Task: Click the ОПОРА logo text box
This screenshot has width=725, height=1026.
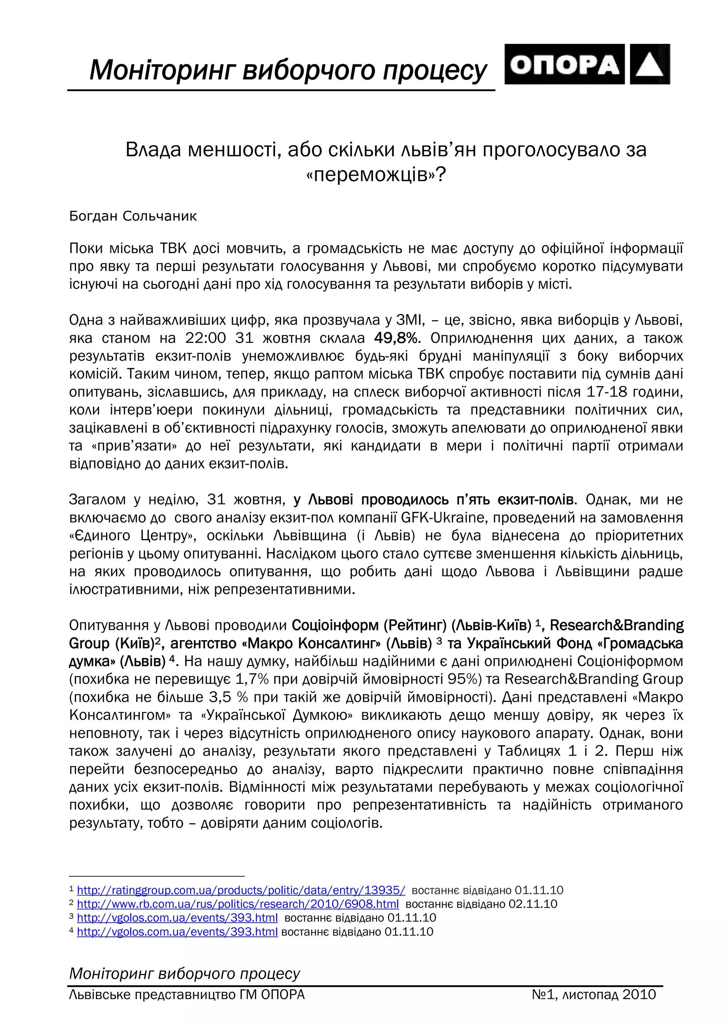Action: (564, 64)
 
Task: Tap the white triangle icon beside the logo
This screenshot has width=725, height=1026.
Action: (650, 64)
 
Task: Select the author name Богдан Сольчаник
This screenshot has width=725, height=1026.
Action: (133, 216)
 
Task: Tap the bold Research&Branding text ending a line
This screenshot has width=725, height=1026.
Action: (616, 625)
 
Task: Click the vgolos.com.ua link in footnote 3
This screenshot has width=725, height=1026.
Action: (177, 918)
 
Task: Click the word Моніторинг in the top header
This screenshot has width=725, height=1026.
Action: (162, 70)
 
